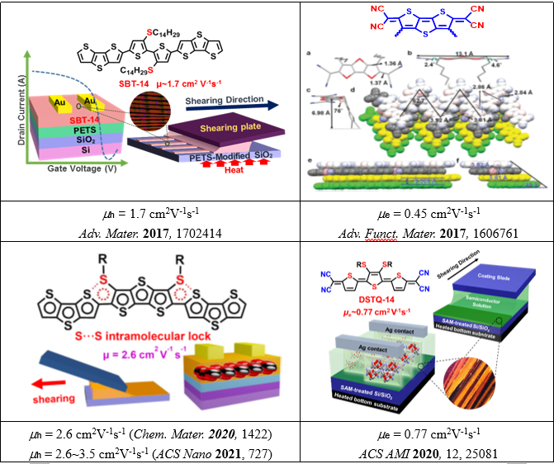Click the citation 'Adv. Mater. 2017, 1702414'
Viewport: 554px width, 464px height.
pos(149,233)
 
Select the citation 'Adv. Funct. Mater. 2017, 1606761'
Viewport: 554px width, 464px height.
pos(427,233)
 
